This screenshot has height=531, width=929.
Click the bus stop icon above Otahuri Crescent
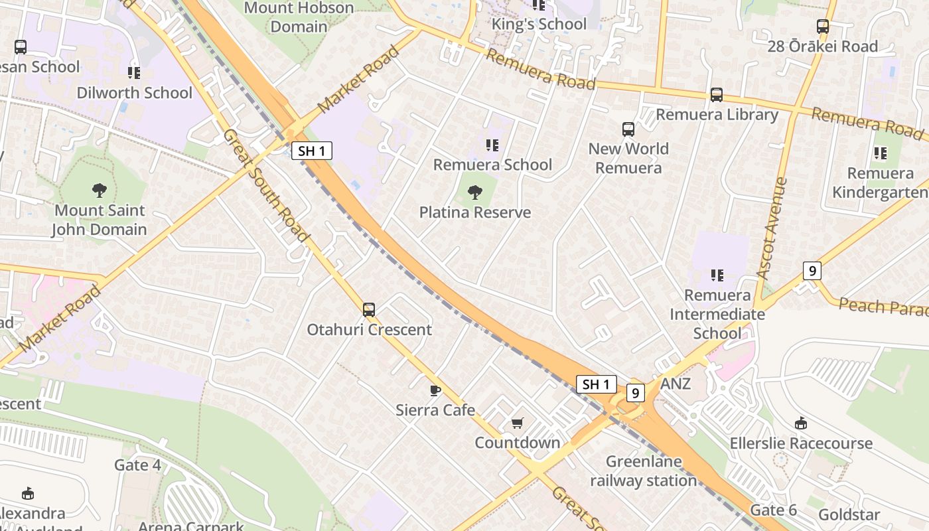tap(369, 309)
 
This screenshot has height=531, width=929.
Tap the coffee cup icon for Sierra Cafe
tap(435, 390)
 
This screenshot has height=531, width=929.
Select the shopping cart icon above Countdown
tap(518, 423)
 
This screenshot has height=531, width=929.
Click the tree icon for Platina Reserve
tap(475, 192)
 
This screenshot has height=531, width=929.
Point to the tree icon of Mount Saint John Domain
tap(100, 191)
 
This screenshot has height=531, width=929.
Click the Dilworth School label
tap(134, 92)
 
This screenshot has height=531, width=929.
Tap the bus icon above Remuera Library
tap(717, 95)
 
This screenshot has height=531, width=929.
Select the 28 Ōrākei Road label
tap(822, 46)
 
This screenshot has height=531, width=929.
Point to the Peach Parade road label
tap(883, 307)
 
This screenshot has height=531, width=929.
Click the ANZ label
tap(676, 384)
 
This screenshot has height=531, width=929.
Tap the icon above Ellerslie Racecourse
tap(801, 423)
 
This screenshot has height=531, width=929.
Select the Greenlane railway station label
tap(643, 471)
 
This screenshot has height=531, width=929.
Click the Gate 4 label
tap(137, 465)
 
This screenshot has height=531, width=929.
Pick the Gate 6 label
tap(773, 510)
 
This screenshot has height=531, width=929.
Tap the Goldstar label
tap(849, 514)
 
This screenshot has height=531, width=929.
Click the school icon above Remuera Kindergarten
tap(881, 153)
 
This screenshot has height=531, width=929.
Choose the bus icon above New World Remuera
tap(628, 129)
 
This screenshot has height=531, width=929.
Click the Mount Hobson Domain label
tap(299, 17)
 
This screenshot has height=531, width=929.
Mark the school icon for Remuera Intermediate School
tap(717, 275)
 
